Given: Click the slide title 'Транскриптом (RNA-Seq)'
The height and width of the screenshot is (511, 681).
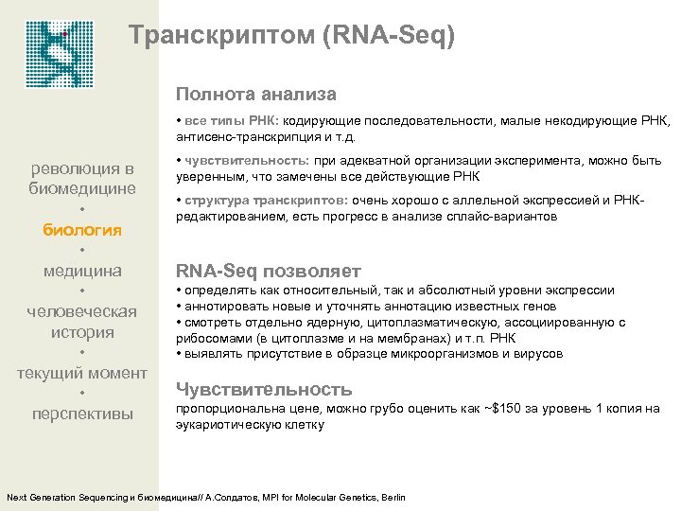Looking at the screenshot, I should click(291, 37).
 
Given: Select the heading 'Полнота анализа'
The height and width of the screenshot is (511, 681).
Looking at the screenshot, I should click(255, 95).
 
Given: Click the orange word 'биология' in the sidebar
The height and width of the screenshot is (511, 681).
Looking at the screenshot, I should click(82, 229).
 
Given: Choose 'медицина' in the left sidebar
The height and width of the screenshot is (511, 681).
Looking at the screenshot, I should click(82, 271).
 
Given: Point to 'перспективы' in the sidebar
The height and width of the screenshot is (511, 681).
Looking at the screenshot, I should click(82, 414).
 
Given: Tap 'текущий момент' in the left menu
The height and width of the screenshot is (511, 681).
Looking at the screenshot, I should click(82, 373).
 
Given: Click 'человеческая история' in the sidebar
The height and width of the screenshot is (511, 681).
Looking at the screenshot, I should click(82, 322).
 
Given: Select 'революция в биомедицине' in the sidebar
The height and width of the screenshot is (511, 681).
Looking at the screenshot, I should click(82, 178).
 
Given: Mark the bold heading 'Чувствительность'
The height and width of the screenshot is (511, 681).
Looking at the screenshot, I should click(264, 389).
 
